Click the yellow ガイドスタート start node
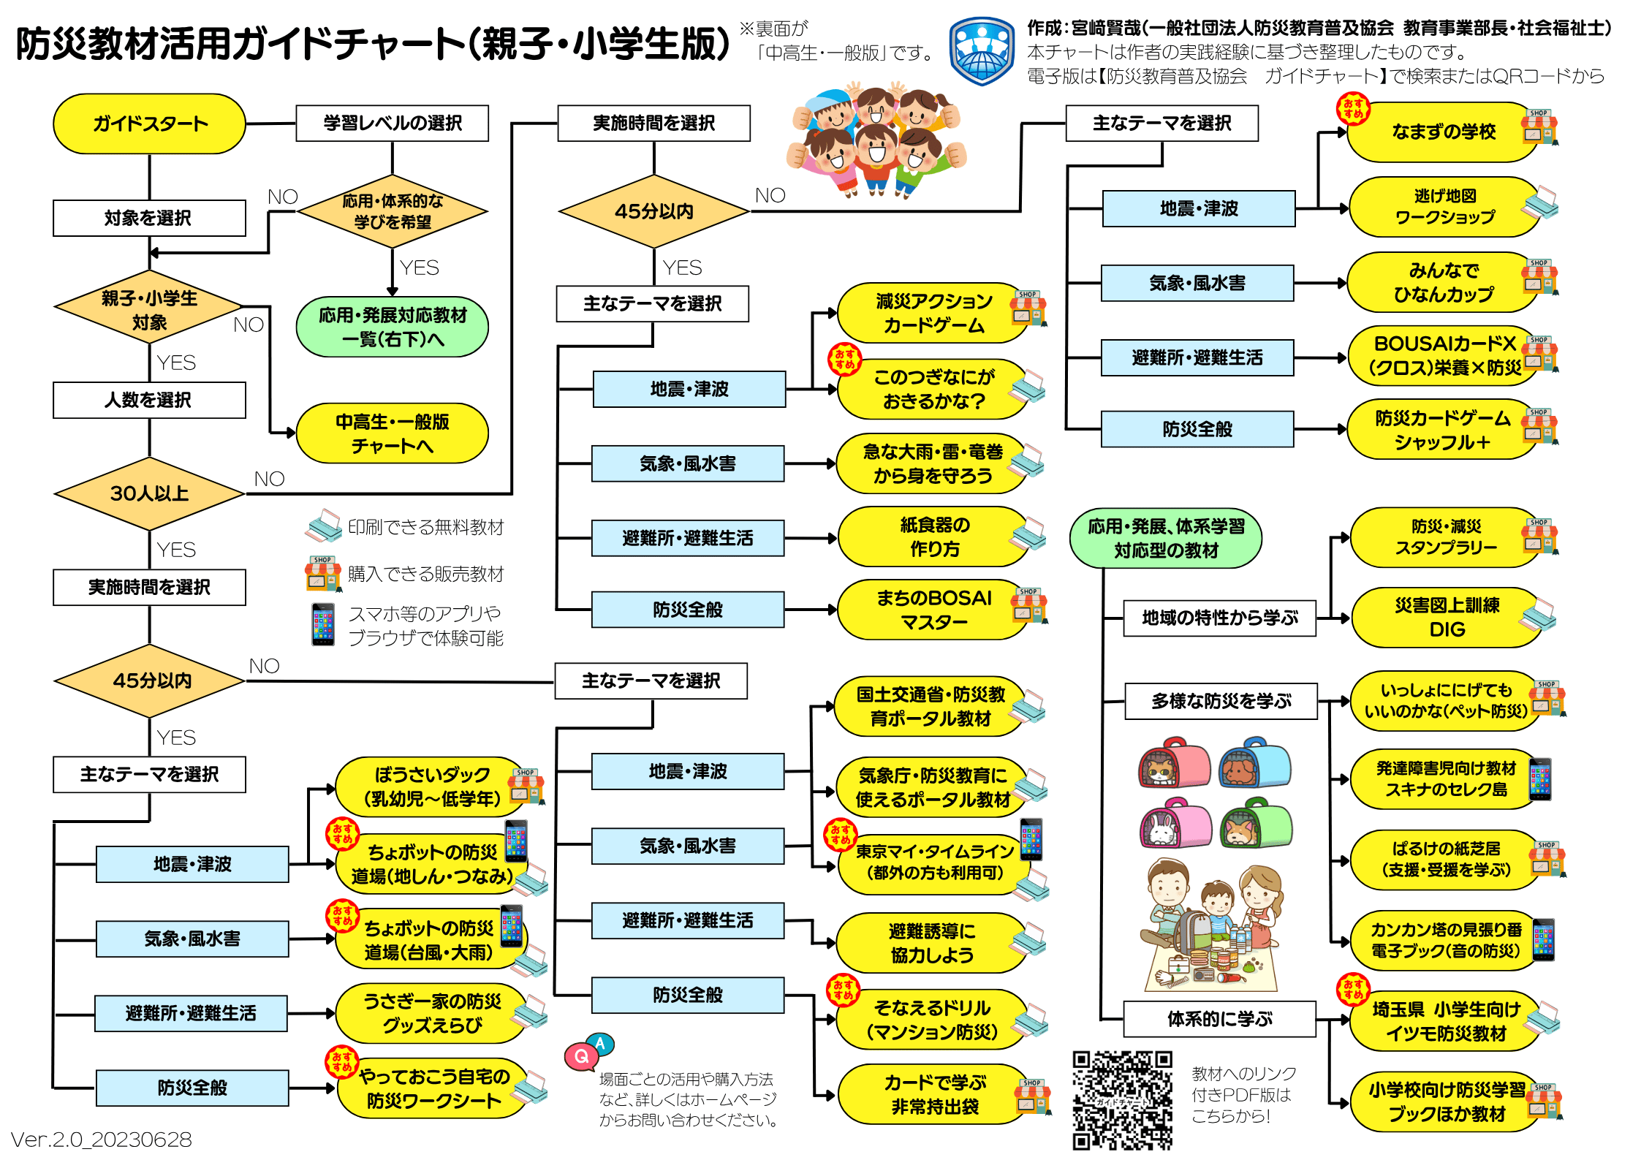[x=149, y=124]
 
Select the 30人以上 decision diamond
[x=149, y=493]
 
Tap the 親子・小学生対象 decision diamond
[x=149, y=309]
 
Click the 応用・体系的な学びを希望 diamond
[x=393, y=211]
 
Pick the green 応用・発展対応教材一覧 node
[x=393, y=327]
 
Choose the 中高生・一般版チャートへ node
[x=393, y=433]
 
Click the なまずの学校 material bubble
[x=1444, y=132]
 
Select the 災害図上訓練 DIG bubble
[x=1447, y=618]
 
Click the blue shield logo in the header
[x=982, y=51]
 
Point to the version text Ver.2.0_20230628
[x=101, y=1140]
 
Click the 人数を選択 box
[x=149, y=400]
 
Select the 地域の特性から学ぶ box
[x=1220, y=618]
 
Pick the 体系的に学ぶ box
[x=1220, y=1019]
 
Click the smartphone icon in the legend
[x=322, y=624]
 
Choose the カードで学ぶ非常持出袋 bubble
[x=935, y=1094]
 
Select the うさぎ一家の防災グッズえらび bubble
[x=432, y=1013]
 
